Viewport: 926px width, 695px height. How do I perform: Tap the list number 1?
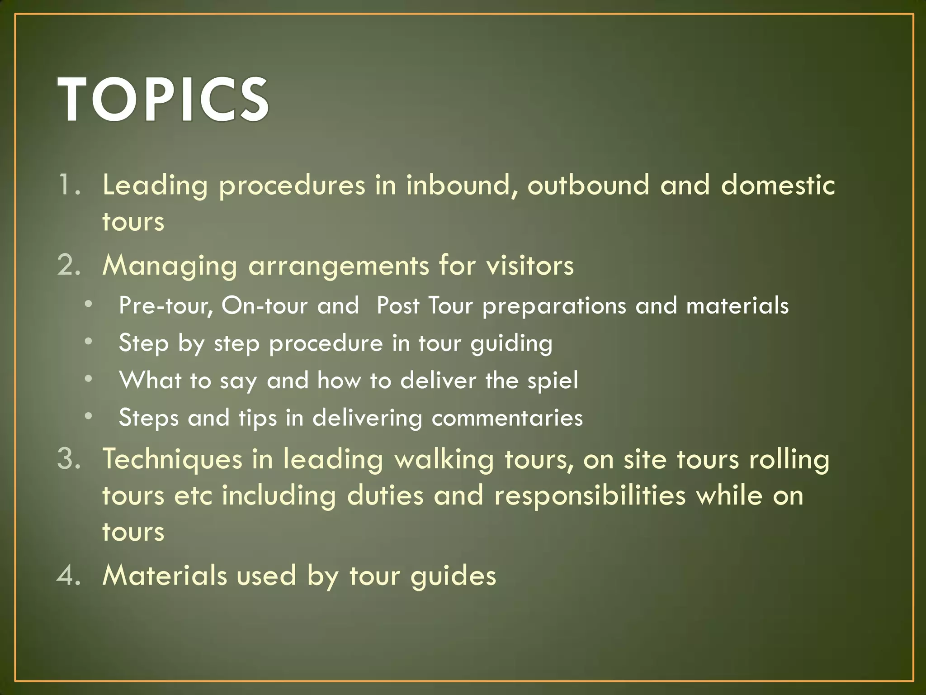69,186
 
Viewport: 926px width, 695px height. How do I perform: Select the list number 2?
69,265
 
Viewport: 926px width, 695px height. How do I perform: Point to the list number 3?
69,458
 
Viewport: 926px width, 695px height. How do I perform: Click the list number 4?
69,575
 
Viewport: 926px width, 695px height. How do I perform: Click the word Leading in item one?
155,186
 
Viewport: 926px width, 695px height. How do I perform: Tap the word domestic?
778,186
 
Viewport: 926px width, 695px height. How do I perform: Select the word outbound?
588,186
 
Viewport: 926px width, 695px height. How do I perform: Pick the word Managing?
170,266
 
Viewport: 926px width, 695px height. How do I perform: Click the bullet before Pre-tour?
89,305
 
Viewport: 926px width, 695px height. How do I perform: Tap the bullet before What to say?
89,379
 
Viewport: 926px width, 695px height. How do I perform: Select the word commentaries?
507,418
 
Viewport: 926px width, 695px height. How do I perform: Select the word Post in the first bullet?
398,305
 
